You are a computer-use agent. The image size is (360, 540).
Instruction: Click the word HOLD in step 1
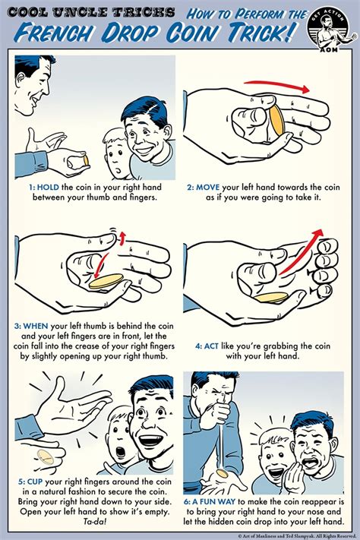(48, 188)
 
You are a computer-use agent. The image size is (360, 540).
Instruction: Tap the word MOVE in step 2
(208, 188)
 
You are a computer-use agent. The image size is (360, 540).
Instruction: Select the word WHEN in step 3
(36, 326)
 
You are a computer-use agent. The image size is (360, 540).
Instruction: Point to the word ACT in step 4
(211, 346)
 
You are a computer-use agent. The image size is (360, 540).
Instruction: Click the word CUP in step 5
(34, 482)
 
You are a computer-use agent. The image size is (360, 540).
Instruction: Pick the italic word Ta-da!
(95, 521)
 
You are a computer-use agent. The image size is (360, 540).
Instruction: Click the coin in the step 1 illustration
(85, 160)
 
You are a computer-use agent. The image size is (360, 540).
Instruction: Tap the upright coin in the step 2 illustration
(276, 121)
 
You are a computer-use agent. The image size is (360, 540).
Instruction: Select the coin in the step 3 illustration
(106, 281)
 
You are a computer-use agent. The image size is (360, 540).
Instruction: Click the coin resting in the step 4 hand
(271, 298)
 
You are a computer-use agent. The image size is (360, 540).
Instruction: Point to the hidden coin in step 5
(46, 457)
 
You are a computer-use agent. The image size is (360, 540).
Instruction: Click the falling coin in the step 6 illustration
(223, 473)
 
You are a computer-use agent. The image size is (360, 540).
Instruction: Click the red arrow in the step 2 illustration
(276, 86)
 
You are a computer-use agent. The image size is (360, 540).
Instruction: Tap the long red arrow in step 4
(301, 251)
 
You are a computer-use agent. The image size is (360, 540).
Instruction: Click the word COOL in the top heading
(27, 13)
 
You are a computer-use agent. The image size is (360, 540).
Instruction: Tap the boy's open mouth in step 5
(121, 452)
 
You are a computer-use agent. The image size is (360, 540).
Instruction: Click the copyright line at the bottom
(297, 536)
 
